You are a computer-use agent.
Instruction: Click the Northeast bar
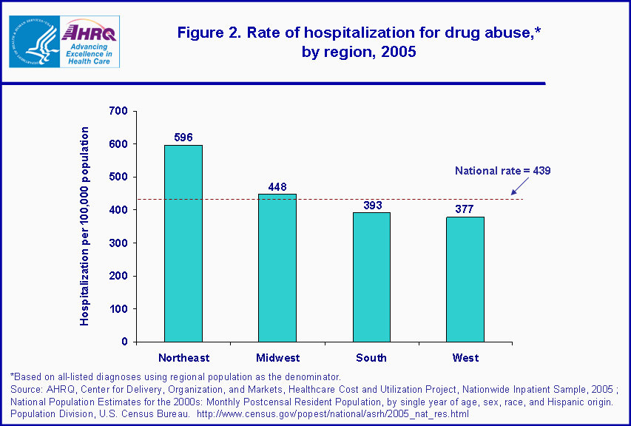tap(183, 243)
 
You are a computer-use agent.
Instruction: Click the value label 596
tap(183, 137)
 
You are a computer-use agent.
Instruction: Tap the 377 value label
tap(465, 209)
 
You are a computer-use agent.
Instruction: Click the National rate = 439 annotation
tap(502, 171)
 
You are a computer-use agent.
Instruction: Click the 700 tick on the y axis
tap(119, 111)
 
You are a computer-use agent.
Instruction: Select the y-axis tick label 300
tap(119, 243)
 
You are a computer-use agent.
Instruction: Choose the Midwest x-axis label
tap(277, 358)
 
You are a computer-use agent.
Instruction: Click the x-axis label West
tap(465, 358)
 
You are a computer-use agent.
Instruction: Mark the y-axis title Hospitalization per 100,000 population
tap(85, 226)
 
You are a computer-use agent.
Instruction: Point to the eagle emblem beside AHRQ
tap(33, 41)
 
